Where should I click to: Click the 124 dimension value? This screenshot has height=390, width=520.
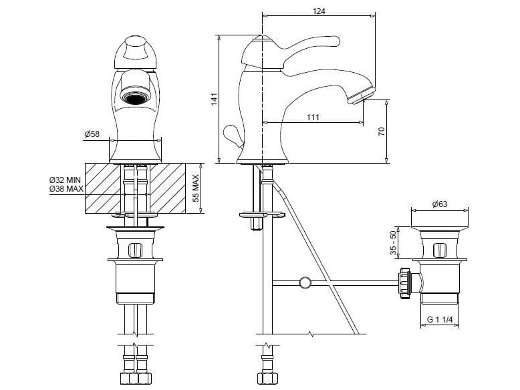319,9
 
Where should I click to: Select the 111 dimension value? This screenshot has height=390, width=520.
312,117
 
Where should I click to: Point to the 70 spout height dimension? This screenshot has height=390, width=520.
382,131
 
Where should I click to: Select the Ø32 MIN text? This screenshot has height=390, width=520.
66,180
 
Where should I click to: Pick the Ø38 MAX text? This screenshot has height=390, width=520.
66,190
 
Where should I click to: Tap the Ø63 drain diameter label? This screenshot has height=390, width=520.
440,204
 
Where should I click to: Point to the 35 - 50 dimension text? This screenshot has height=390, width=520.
394,244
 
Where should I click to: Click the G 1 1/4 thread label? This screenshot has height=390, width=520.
439,320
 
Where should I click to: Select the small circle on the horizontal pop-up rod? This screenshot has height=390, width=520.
305,282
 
